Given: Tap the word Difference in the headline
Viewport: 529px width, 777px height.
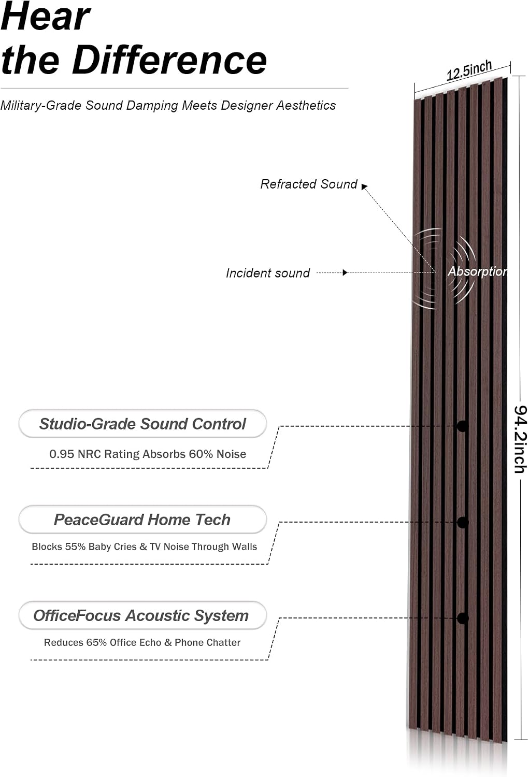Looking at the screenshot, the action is [169, 60].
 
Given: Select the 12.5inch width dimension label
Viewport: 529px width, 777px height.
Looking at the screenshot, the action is [469, 71].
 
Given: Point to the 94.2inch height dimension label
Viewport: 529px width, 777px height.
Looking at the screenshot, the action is [520, 439].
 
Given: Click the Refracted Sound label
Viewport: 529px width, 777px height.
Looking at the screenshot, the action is [309, 184].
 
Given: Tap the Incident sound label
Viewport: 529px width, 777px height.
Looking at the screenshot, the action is [268, 273].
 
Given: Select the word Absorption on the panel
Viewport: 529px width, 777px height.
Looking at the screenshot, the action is [478, 271].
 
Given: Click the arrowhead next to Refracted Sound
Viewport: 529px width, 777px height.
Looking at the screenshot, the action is [364, 186].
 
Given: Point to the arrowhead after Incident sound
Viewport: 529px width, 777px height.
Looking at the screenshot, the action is [345, 272].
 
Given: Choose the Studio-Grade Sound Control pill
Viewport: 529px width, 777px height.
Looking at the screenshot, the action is [142, 424].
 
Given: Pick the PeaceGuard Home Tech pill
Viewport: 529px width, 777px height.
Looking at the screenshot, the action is [142, 520].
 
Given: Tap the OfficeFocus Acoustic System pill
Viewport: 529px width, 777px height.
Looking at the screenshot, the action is [142, 616].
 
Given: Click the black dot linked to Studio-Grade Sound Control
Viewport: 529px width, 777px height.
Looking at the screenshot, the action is [462, 426].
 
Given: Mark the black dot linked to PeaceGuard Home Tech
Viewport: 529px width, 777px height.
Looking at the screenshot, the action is [462, 522].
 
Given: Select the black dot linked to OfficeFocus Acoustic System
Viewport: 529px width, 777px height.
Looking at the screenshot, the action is [462, 618].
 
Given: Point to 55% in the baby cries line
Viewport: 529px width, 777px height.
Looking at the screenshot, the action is [75, 546].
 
